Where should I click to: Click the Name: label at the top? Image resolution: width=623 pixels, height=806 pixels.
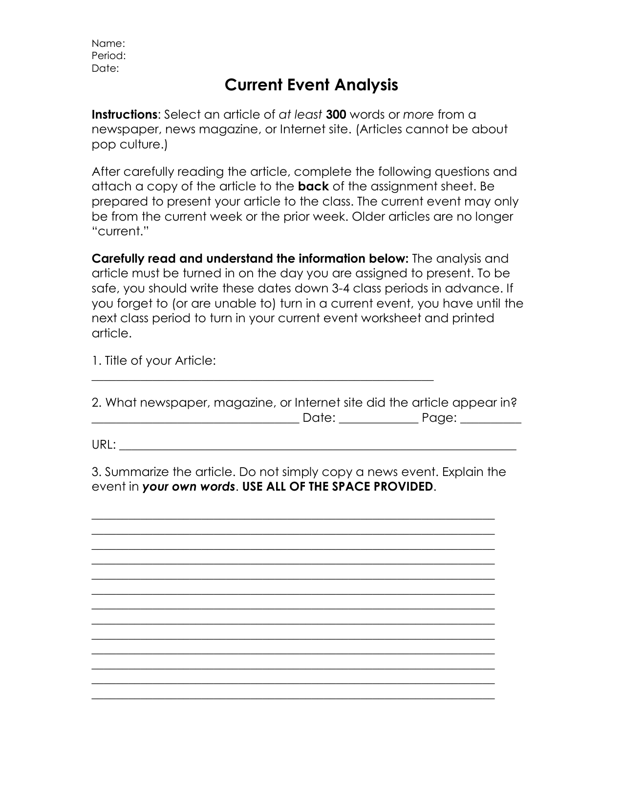108,43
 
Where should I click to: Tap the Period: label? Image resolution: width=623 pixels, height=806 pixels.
108,56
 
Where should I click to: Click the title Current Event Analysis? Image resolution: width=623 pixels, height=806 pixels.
311,85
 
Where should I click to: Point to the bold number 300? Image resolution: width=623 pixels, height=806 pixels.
336,115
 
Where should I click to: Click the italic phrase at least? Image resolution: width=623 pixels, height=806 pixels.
300,115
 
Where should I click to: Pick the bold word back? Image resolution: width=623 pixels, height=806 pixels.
313,186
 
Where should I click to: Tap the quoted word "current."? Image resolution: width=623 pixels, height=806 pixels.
120,231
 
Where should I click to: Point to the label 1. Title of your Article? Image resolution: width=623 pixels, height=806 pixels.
154,361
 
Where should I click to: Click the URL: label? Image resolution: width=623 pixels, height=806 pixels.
104,445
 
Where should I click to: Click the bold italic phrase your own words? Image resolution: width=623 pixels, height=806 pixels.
189,487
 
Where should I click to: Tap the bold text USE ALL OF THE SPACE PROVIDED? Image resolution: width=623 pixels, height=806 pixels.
337,487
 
